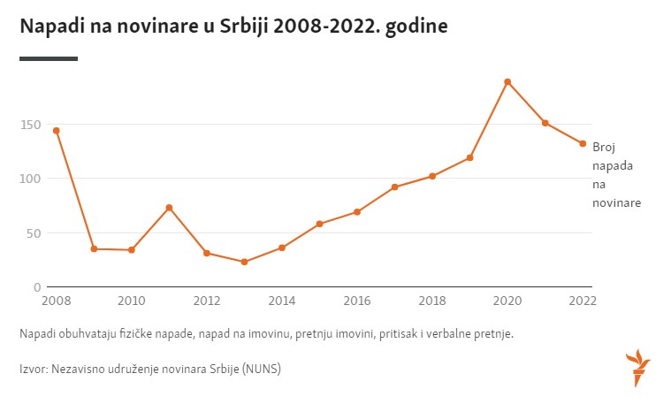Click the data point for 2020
coord(507,81)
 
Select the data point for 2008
coord(56,130)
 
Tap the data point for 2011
coord(169,208)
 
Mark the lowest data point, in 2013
coord(244,262)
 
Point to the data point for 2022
coord(583,143)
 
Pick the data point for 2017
coord(394,187)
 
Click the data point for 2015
coord(319,224)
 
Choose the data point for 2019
coord(469,157)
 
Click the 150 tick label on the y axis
coord(31,125)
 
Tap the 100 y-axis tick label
coord(31,179)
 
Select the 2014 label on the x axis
coord(282,301)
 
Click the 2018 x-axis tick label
coord(432,301)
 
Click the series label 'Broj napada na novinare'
coord(615,174)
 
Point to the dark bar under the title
coord(49,58)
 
